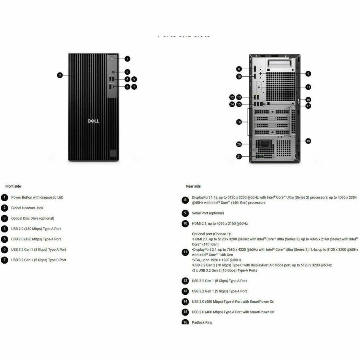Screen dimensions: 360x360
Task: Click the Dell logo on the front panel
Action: click(x=93, y=121)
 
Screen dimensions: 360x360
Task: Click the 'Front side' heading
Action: click(x=13, y=186)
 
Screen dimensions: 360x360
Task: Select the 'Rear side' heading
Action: click(x=193, y=186)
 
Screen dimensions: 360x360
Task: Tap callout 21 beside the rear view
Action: click(x=239, y=157)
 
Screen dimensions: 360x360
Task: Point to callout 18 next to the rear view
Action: click(x=239, y=122)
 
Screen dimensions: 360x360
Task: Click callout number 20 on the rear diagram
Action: click(x=239, y=144)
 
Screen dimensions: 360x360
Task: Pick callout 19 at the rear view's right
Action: click(x=308, y=141)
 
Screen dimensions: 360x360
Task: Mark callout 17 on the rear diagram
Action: click(x=308, y=106)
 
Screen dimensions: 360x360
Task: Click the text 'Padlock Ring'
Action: click(x=202, y=322)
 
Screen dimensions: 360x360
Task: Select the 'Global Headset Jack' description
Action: click(x=27, y=208)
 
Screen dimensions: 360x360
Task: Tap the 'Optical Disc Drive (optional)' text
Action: click(x=32, y=218)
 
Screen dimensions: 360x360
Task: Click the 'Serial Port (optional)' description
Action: click(x=208, y=213)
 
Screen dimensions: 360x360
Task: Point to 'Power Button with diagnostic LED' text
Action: click(x=37, y=198)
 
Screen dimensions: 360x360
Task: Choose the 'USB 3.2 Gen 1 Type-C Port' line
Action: click(x=39, y=260)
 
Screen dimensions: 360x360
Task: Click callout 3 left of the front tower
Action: click(x=60, y=75)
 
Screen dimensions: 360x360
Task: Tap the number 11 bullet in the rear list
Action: click(x=185, y=252)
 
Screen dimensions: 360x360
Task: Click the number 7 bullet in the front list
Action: click(x=4, y=260)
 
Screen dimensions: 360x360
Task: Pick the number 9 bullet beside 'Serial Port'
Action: click(x=185, y=213)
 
